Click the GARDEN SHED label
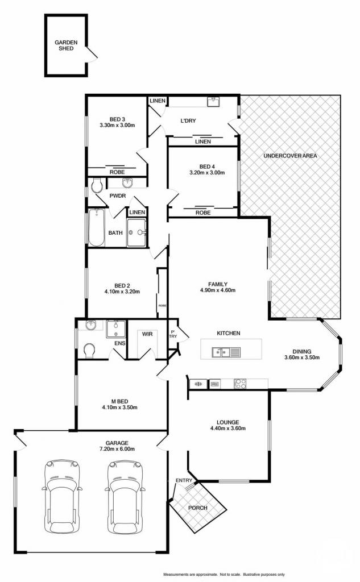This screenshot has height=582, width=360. coord(66,45)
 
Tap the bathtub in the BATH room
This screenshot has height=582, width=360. coord(97,227)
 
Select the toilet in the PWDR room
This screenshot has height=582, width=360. coord(96,185)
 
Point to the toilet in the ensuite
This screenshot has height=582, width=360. coord(89,350)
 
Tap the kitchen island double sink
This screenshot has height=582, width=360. coord(226,352)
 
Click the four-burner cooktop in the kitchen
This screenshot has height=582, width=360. coord(240,384)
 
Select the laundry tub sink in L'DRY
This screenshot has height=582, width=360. coord(213,102)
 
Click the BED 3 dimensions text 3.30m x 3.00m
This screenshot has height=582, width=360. coord(117,126)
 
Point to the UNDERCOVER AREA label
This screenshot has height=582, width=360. coord(290,156)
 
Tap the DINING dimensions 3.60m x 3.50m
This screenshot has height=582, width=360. coord(301,357)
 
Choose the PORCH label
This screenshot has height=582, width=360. coord(198,508)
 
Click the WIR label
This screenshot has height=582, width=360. coord(147,334)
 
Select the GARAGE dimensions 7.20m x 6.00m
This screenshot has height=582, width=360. coord(117,449)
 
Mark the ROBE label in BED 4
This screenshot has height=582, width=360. coord(203,213)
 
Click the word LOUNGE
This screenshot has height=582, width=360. coord(227,422)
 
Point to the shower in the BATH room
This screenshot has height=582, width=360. coord(136,232)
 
